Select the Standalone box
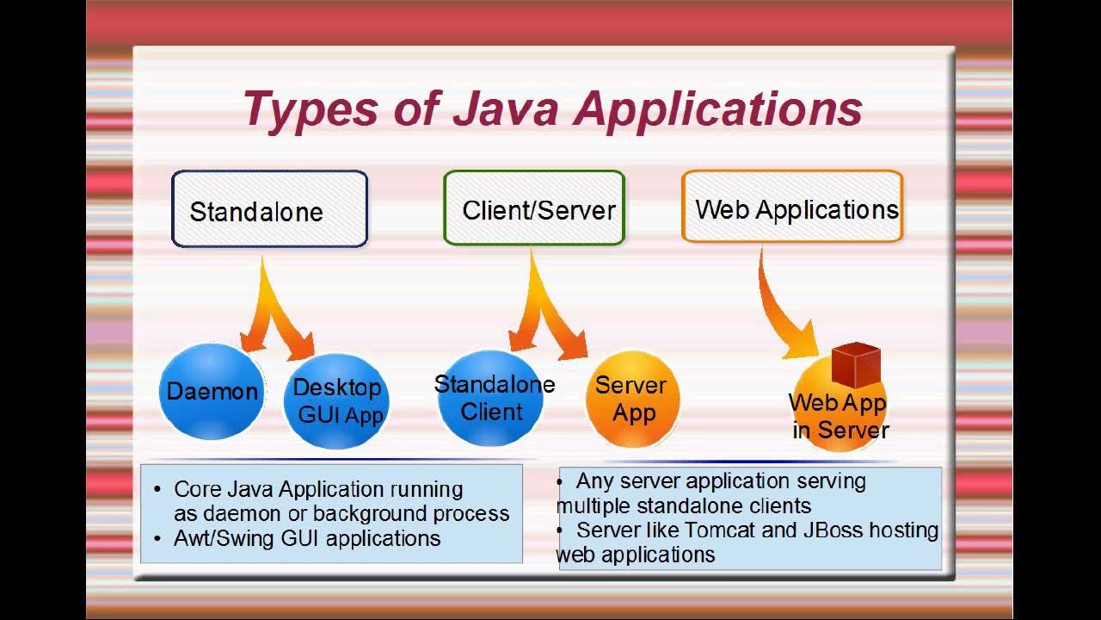click(x=269, y=209)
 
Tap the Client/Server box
click(x=534, y=208)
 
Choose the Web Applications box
click(x=792, y=208)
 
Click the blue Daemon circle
click(x=212, y=392)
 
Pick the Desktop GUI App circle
click(x=337, y=401)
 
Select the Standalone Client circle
click(x=492, y=398)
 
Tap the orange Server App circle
click(x=632, y=399)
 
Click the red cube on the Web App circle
click(x=856, y=365)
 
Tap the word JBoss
click(x=833, y=530)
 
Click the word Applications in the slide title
click(x=718, y=109)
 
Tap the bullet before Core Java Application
click(x=157, y=490)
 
